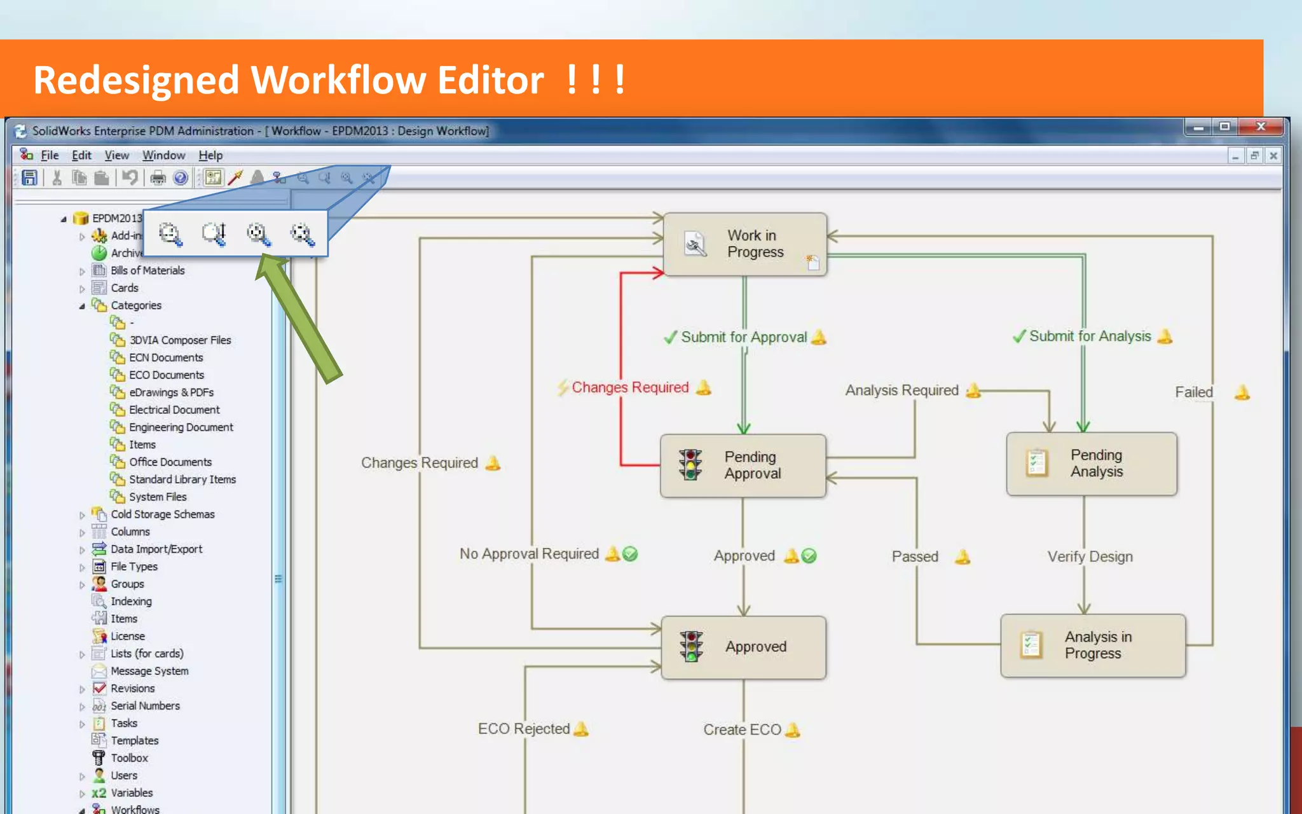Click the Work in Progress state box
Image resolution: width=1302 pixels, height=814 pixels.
point(744,244)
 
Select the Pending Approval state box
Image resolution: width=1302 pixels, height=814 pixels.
point(743,466)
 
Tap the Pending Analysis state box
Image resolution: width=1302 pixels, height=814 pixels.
point(1091,464)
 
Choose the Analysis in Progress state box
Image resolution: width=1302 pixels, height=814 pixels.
point(1092,645)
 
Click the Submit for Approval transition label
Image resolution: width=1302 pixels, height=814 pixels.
point(744,337)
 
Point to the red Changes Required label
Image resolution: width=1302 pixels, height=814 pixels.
point(630,387)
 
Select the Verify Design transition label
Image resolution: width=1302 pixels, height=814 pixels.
point(1090,556)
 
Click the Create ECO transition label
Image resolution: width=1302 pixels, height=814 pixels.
point(742,729)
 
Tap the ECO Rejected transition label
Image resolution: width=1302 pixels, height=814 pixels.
point(524,729)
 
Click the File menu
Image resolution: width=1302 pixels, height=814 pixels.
point(50,155)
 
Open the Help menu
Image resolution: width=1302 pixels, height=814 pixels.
point(210,155)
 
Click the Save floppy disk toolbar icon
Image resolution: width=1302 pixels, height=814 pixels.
point(29,178)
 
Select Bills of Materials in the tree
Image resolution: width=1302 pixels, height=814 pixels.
point(147,270)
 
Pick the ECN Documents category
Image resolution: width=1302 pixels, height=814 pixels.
point(166,357)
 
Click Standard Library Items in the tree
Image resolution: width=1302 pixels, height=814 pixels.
point(182,479)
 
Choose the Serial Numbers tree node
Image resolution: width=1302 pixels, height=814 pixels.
point(145,706)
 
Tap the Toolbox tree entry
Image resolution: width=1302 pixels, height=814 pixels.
point(129,758)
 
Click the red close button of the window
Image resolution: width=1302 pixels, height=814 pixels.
point(1261,127)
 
